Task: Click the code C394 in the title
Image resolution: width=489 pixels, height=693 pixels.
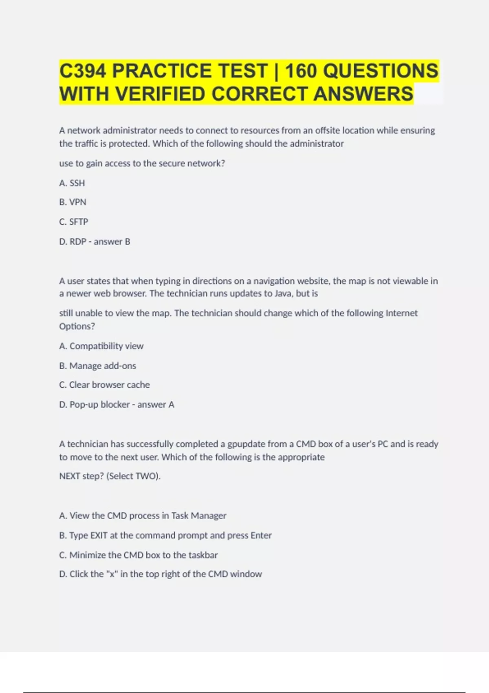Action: [x=83, y=71]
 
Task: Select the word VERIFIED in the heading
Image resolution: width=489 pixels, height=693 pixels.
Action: [x=160, y=94]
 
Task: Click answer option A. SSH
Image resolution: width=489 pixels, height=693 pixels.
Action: [x=72, y=183]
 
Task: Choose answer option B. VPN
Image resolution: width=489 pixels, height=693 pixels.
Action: [x=73, y=202]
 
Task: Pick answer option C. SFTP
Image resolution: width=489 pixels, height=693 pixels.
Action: [x=74, y=222]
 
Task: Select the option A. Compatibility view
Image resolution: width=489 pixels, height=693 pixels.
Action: [x=101, y=346]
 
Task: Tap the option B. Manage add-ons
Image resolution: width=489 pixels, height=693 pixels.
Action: [x=98, y=366]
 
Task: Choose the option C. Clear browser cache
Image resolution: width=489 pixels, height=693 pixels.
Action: [x=104, y=385]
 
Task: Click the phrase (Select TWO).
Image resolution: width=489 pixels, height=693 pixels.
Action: [x=133, y=476]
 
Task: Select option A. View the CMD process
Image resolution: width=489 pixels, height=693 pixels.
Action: [x=143, y=516]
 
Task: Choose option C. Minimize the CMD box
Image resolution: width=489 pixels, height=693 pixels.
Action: [x=139, y=555]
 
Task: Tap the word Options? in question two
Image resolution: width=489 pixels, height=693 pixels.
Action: [x=77, y=327]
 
